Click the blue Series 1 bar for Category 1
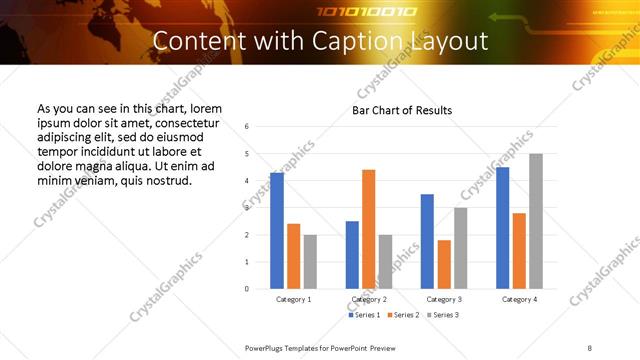(277, 231)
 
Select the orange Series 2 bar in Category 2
(368, 229)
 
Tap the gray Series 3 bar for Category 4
(536, 221)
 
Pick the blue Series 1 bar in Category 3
(427, 241)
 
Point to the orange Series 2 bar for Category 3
(443, 264)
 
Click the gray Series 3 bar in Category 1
(310, 262)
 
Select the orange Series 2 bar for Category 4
(519, 251)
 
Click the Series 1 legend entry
(364, 315)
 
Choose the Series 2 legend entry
(402, 315)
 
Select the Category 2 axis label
(368, 299)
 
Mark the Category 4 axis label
(519, 299)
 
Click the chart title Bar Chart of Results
(402, 110)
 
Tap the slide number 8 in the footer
(589, 347)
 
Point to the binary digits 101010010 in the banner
(353, 12)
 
